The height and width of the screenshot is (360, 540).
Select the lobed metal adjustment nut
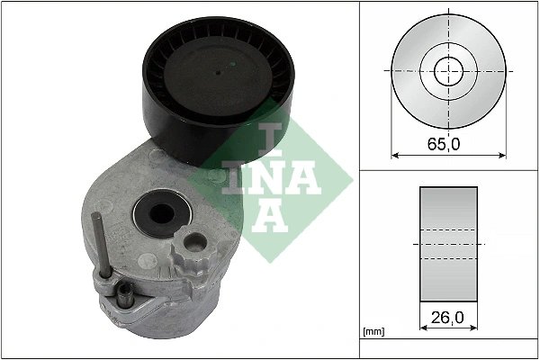tap(192, 244)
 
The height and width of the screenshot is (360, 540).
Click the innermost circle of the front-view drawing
tap(447, 69)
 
